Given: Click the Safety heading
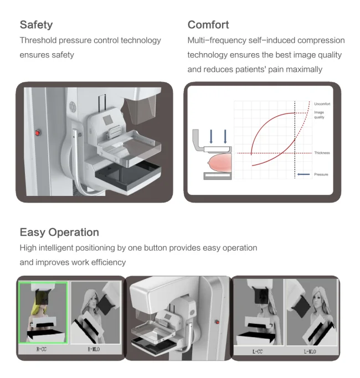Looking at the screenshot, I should point(36,24).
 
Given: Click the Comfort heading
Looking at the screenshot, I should point(208,24).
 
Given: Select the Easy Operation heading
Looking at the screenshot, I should point(59,232).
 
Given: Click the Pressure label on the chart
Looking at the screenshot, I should point(321,174).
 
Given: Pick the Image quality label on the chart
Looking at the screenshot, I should point(319,115).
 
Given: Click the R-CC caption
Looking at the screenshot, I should point(42,349).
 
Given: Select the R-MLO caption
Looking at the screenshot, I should point(95,349).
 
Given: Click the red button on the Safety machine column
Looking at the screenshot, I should point(38,133).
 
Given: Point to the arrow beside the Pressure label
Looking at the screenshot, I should point(304,174).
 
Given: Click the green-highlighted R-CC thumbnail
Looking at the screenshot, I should point(43,313).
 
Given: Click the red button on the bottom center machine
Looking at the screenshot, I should point(217,323).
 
